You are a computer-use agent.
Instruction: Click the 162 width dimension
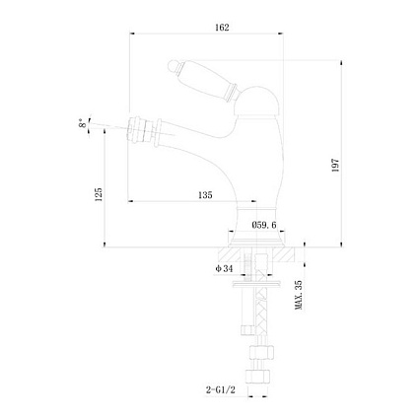click(x=222, y=28)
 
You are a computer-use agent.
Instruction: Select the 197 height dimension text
click(x=335, y=166)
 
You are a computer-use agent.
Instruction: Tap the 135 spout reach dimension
click(x=205, y=195)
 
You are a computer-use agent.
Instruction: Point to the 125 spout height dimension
click(x=99, y=194)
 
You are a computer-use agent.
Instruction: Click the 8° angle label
click(x=83, y=123)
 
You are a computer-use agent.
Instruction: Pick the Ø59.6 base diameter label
click(x=264, y=225)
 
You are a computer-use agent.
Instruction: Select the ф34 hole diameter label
click(x=224, y=269)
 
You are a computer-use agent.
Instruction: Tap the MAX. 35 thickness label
click(x=299, y=295)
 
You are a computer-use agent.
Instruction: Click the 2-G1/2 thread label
click(x=221, y=390)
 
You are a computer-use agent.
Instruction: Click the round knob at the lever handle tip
click(x=172, y=65)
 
